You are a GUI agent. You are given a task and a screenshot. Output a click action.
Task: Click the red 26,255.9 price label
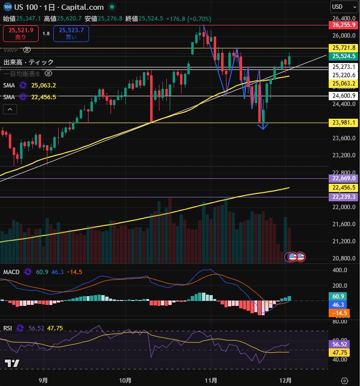point(344,24)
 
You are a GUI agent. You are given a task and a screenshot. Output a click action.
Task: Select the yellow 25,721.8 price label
point(344,48)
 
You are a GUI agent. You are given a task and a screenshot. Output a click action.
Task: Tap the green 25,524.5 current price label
point(344,57)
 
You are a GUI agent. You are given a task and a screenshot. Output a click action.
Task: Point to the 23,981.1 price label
point(344,123)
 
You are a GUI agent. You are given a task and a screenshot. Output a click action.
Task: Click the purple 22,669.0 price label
point(344,178)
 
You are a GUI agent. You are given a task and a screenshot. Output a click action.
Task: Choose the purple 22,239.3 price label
point(344,196)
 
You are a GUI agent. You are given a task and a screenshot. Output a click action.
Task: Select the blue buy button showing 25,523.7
point(71,33)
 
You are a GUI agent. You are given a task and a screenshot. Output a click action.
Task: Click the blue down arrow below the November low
point(263,126)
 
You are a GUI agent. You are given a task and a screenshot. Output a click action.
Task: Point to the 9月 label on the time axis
point(43,380)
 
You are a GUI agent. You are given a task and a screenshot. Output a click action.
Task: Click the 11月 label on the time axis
point(211,380)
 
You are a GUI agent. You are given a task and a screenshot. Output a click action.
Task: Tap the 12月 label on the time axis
point(287,380)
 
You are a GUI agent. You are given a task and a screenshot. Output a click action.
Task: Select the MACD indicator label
point(11,272)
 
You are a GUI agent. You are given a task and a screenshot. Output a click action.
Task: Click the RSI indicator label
point(8,328)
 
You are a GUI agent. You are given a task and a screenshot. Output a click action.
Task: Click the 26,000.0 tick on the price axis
point(344,36)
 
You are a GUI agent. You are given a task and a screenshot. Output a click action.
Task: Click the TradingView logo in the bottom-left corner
point(12,364)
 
